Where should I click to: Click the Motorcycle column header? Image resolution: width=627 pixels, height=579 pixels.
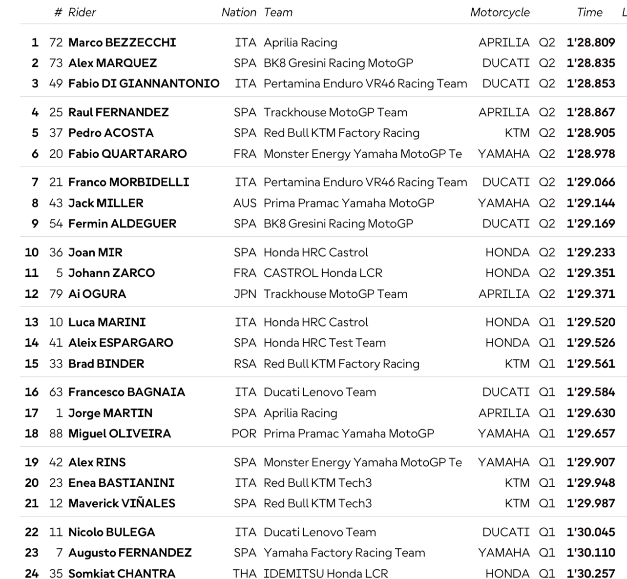tap(500, 13)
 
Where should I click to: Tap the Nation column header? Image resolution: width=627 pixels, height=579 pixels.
tap(238, 13)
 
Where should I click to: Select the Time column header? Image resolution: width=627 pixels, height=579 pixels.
tap(589, 13)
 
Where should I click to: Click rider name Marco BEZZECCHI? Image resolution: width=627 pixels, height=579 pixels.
tap(122, 42)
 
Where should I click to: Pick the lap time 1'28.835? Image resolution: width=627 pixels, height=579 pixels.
tap(590, 63)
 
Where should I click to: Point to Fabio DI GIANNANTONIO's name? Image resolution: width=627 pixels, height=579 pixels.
tap(144, 83)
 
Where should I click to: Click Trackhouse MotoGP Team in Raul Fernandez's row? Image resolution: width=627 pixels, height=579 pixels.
tap(335, 112)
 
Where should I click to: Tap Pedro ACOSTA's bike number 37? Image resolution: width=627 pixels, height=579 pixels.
tap(56, 133)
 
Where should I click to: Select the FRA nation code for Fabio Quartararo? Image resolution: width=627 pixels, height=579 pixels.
tap(245, 154)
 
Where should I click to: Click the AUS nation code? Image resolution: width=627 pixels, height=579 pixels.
tap(245, 203)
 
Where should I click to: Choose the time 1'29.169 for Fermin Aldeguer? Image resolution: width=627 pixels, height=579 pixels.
tap(590, 224)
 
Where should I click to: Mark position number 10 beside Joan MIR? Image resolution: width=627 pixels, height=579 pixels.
tap(32, 252)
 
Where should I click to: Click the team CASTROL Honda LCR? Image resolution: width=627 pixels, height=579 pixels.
tap(323, 273)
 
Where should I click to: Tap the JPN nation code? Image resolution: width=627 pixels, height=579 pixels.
tap(245, 294)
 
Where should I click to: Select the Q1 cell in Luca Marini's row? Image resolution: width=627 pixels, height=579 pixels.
tap(547, 322)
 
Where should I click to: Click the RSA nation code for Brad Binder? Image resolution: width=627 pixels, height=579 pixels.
tap(245, 364)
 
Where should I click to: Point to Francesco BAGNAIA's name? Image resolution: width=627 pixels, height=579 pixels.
tap(126, 392)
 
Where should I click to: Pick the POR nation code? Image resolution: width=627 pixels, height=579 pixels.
tap(244, 434)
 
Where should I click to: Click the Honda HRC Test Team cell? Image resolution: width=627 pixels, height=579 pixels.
tap(324, 343)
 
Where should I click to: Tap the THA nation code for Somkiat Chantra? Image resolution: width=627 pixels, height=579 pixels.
tap(244, 574)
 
